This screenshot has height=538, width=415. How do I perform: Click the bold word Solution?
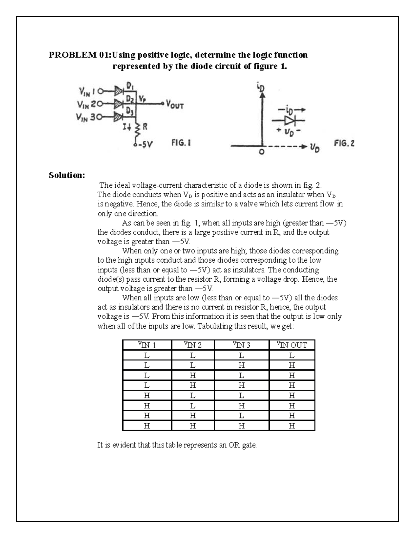coord(67,175)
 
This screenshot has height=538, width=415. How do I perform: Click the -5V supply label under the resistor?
coord(144,144)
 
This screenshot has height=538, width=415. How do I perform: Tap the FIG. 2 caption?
coord(344,143)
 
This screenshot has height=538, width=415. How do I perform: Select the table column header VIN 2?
coord(193,345)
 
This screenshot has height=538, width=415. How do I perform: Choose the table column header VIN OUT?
coord(292,345)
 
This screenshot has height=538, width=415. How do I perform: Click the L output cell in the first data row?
coord(292,355)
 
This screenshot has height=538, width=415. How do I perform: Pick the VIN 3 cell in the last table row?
coord(241,426)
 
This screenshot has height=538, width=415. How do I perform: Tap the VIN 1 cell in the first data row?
coord(147,355)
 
